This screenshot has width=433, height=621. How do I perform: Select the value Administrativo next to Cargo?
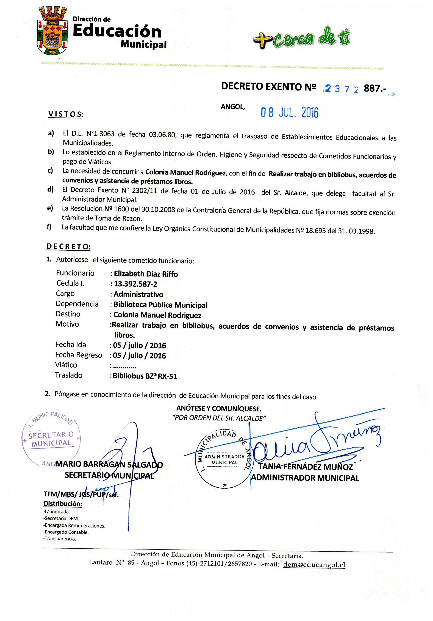(x=138, y=294)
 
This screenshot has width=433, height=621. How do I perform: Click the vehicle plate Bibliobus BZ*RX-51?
(x=145, y=376)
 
